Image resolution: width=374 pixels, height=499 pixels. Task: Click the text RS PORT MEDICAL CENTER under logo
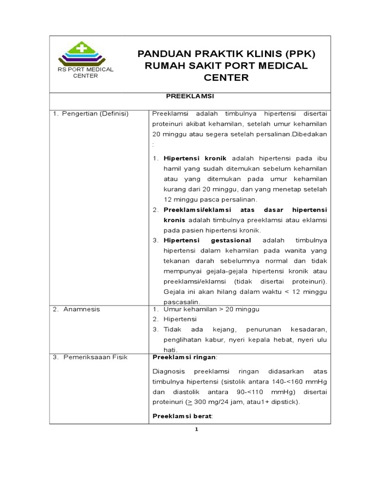[85, 72]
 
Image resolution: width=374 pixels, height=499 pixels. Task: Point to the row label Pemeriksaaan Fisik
[93, 357]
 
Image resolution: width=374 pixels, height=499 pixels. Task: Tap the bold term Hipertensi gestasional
[207, 240]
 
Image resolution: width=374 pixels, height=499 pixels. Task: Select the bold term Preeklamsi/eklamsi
[191, 209]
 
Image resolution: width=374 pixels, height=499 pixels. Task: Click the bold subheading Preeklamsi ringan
[177, 357]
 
